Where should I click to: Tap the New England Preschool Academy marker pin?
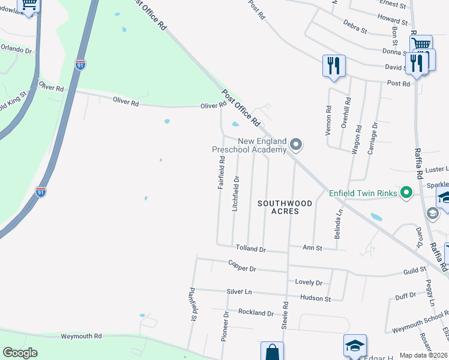(x=295, y=145)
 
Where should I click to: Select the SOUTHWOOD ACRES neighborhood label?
(x=285, y=207)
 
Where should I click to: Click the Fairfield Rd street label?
(x=221, y=173)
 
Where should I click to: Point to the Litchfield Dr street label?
(x=236, y=192)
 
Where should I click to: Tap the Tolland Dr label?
(x=250, y=248)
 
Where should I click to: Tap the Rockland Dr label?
(x=256, y=313)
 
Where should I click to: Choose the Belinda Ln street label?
(x=339, y=220)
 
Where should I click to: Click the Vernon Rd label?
(x=328, y=120)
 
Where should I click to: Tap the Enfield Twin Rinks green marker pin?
(x=406, y=193)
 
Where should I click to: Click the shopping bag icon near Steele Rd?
(x=272, y=351)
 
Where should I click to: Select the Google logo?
(x=20, y=353)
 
